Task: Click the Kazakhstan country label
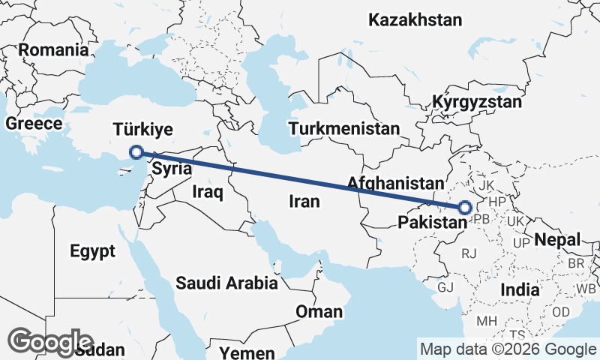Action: click(415, 20)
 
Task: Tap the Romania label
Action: click(53, 50)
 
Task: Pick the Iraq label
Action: click(208, 192)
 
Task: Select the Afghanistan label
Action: click(391, 183)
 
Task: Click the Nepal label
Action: click(557, 240)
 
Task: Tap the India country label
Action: click(520, 289)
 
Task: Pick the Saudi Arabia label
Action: click(226, 283)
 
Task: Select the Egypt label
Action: click(93, 250)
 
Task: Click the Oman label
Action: click(319, 311)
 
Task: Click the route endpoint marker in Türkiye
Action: click(136, 152)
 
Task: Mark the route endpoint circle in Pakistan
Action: click(464, 208)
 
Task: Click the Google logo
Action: click(51, 342)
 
